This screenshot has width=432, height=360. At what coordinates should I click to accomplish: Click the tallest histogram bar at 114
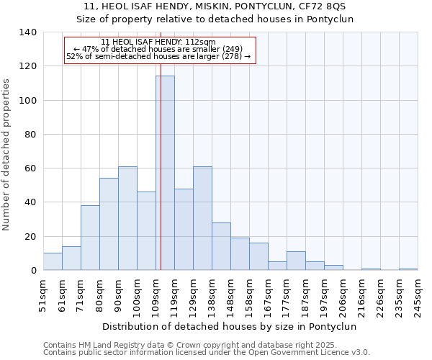point(165,173)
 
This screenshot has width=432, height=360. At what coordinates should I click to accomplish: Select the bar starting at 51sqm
point(53,261)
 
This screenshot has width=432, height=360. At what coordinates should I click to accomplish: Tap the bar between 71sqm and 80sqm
point(90,238)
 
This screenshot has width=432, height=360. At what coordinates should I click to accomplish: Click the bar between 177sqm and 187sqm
point(296,261)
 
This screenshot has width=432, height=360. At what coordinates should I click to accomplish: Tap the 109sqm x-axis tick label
point(156,294)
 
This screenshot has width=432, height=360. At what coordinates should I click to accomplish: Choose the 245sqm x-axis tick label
point(418,294)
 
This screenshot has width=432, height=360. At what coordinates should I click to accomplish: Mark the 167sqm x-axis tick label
point(268,294)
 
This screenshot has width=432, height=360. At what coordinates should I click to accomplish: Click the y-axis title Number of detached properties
point(7,151)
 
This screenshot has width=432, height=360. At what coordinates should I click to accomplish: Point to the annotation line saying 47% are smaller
point(159,49)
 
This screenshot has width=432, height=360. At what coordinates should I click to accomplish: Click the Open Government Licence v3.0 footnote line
point(206,352)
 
